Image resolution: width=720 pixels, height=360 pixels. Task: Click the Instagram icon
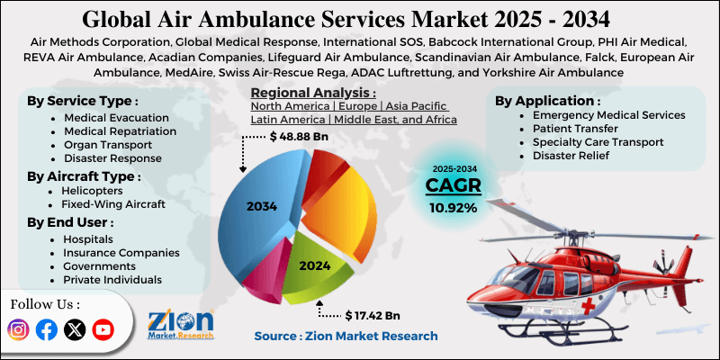coord(19,330)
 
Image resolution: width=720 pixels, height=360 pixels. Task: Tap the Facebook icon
coord(47,330)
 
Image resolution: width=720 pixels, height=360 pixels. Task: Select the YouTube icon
coord(103,330)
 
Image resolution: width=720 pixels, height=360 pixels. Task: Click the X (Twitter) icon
coord(75,330)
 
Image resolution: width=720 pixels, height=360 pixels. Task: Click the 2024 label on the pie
coord(315,265)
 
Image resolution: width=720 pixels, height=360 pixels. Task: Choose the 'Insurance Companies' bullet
coord(121,253)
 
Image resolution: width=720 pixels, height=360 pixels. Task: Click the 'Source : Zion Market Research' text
coord(346,336)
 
